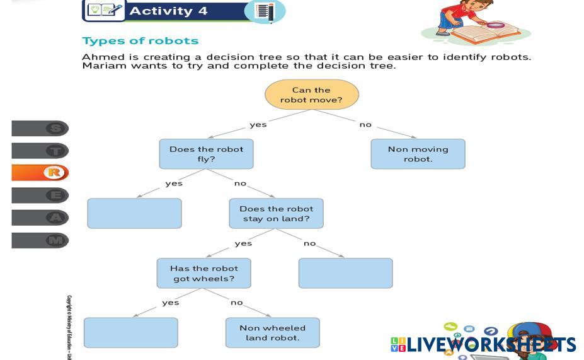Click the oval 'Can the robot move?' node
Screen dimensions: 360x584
tap(311, 95)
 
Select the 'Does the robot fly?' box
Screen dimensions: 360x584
tap(206, 154)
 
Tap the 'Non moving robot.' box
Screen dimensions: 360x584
tap(418, 154)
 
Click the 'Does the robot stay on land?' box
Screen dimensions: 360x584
tap(276, 213)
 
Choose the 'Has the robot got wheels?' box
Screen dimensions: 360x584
tap(203, 273)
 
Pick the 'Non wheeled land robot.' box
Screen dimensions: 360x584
tap(272, 332)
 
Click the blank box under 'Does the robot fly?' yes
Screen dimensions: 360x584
tap(134, 213)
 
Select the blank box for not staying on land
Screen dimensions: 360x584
tap(345, 273)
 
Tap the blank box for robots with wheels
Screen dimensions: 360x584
tap(130, 332)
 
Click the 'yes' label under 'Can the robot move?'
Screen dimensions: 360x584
tap(258, 124)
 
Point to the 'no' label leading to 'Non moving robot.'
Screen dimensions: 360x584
tap(365, 124)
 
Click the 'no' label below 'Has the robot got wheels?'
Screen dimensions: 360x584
tap(236, 303)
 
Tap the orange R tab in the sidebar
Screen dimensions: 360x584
tap(40, 173)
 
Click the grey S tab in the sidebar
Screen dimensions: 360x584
tap(40, 129)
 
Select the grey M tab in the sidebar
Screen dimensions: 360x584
tap(40, 240)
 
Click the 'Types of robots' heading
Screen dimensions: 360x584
tap(140, 41)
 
